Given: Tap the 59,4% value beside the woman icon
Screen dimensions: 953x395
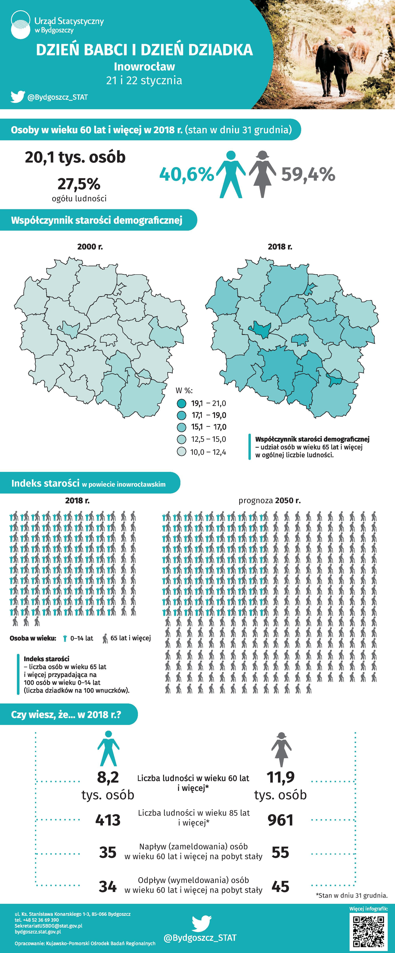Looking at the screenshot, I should click(308, 174).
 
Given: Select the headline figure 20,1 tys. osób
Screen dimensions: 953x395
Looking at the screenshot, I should click(75, 157).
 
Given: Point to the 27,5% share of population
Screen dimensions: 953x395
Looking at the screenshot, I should click(79, 184).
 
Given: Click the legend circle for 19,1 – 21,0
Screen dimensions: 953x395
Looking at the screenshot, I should click(181, 403).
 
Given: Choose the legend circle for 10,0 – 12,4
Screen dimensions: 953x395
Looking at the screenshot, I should click(181, 452).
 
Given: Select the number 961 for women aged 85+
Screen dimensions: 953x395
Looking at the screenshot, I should click(280, 820).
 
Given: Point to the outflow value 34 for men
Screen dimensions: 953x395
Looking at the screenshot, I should click(108, 886).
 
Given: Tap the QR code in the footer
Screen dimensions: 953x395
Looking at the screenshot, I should click(368, 931).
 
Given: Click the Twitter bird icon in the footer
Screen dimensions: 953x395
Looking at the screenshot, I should click(202, 924).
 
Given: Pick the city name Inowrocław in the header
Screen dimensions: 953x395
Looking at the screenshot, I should click(144, 67).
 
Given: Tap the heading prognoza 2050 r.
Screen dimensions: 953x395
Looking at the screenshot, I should click(270, 501).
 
